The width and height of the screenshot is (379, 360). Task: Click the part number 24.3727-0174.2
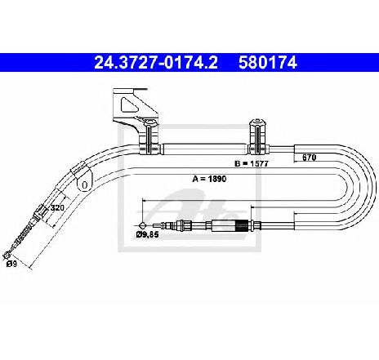[156, 63]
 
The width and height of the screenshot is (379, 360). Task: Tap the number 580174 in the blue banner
[268, 63]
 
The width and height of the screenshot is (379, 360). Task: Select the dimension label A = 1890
[209, 179]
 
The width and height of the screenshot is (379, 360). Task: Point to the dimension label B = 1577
[252, 163]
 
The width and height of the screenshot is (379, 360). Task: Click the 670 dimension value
[309, 158]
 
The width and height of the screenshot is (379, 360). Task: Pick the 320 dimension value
[57, 208]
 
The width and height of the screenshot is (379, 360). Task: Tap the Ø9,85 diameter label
[147, 234]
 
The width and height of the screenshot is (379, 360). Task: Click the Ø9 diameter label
[11, 264]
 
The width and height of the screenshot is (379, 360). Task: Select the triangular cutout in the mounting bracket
[129, 104]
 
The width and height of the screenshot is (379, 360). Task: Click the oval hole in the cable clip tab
[85, 185]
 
